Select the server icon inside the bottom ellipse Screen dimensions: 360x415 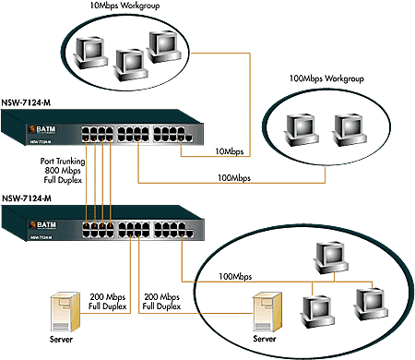pyautogui.click(x=266, y=310)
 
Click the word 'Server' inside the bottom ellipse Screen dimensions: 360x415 pyautogui.click(x=265, y=340)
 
